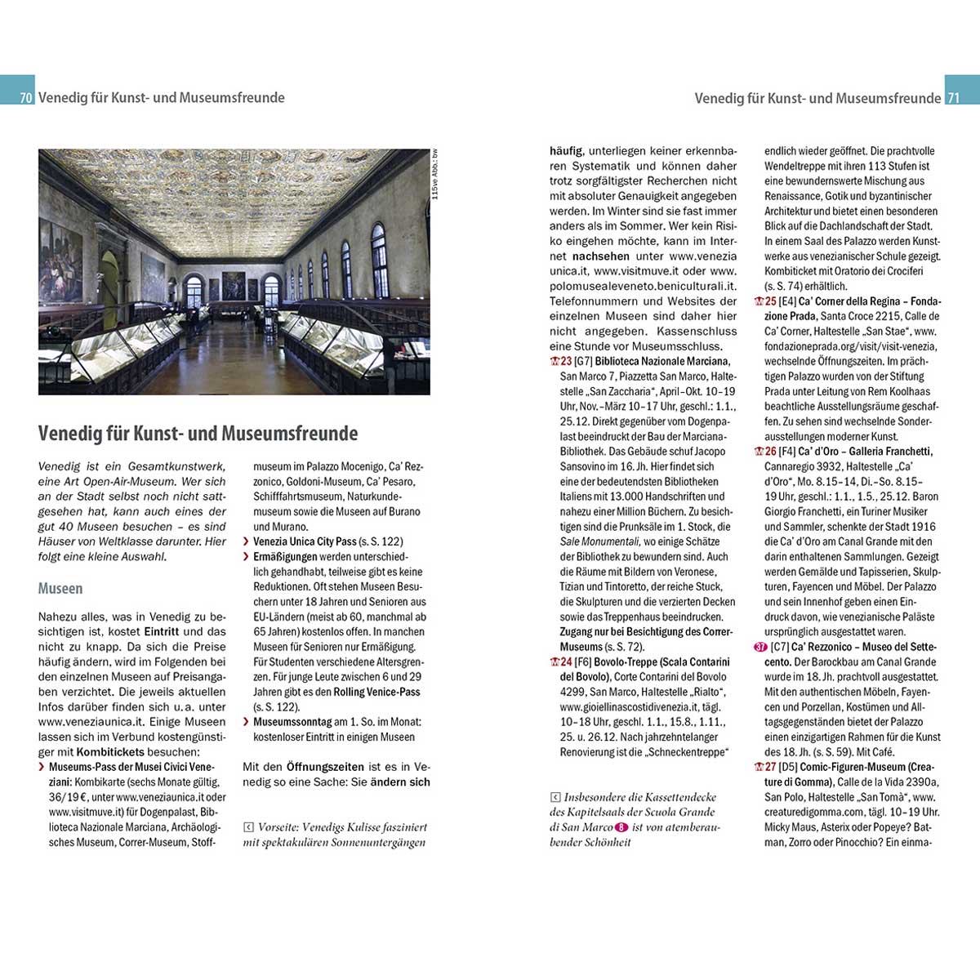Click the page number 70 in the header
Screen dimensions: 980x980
(x=26, y=98)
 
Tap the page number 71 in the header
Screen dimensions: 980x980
(x=952, y=98)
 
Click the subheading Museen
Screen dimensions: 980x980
(x=60, y=588)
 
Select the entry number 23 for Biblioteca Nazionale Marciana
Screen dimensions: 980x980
(x=566, y=361)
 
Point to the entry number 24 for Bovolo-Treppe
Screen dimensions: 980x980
(x=566, y=661)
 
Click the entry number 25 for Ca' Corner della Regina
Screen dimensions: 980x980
(x=770, y=301)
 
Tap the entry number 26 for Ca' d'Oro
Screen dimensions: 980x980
(x=770, y=452)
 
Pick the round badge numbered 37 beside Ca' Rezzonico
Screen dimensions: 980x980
(x=760, y=647)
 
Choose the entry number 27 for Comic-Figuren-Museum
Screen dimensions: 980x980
(x=770, y=767)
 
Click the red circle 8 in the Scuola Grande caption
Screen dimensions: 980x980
(x=621, y=826)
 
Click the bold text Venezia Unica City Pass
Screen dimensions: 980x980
(x=305, y=541)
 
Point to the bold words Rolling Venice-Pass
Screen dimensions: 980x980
(x=376, y=692)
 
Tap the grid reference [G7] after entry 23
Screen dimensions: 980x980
(x=583, y=361)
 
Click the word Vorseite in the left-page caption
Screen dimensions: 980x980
(x=276, y=826)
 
